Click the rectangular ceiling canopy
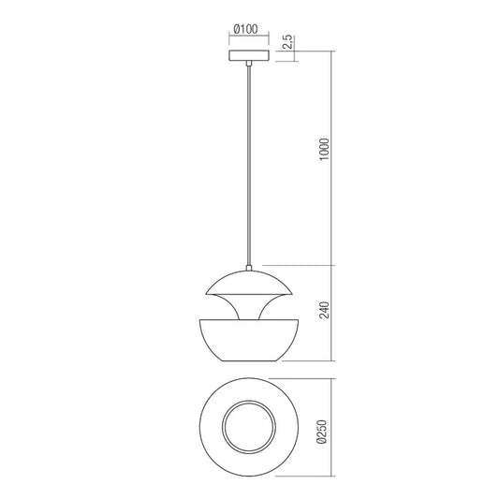249,56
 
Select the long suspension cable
249,169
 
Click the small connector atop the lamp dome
249,268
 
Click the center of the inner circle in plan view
249,425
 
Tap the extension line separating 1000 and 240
300,265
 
